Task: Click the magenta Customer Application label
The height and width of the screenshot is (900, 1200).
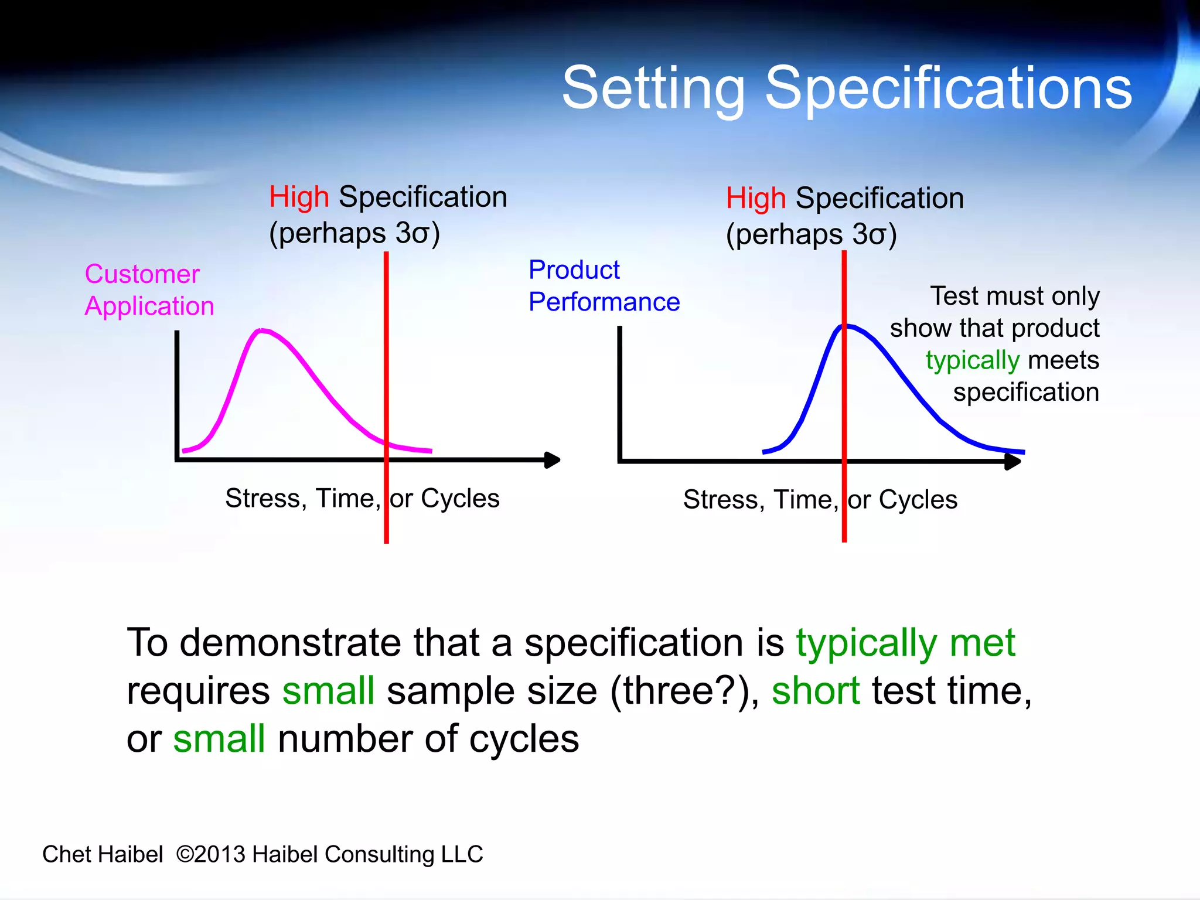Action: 149,290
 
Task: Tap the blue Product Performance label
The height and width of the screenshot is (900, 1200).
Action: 604,286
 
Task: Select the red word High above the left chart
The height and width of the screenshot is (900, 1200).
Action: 299,197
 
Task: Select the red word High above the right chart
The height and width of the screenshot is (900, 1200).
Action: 756,198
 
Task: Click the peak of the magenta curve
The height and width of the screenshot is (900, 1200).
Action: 262,330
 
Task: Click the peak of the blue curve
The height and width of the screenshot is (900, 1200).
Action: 846,326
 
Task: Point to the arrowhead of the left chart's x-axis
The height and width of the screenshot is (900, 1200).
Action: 553,460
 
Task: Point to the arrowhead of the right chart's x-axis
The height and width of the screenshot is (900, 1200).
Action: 1013,462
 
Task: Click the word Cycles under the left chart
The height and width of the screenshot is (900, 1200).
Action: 460,499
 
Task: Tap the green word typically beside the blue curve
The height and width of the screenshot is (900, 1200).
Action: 973,360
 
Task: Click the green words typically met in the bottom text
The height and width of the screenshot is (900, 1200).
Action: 905,643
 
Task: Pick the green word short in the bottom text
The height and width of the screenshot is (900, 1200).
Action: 816,691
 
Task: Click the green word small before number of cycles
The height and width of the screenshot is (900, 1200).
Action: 219,739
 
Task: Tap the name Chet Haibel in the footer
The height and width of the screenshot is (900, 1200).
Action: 103,854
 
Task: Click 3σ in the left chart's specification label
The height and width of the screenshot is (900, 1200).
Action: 412,233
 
